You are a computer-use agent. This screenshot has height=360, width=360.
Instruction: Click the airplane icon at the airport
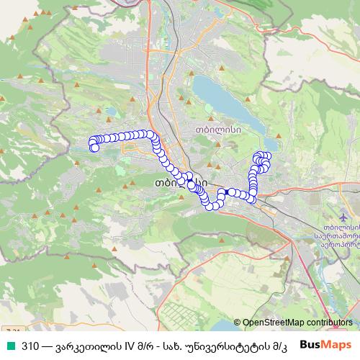[x=341, y=217]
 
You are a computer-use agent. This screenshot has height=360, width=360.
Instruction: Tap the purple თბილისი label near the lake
[x=217, y=130]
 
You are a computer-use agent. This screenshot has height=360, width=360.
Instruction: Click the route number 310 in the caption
[x=30, y=345]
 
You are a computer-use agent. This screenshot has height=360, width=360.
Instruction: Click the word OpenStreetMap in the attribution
[x=276, y=323]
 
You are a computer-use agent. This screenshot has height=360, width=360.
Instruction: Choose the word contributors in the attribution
[x=329, y=323]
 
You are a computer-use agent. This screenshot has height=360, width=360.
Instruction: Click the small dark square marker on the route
[x=225, y=192]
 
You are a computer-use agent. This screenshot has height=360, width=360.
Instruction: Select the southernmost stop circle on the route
[x=211, y=207]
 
